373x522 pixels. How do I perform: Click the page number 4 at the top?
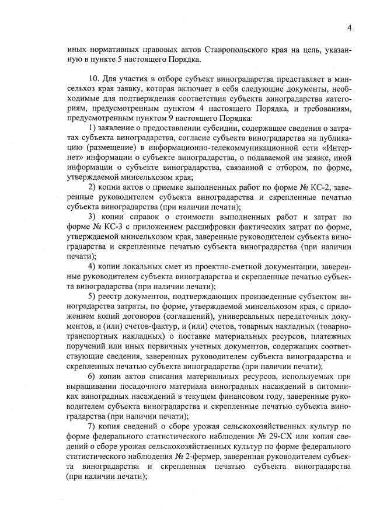(x=348, y=27)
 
